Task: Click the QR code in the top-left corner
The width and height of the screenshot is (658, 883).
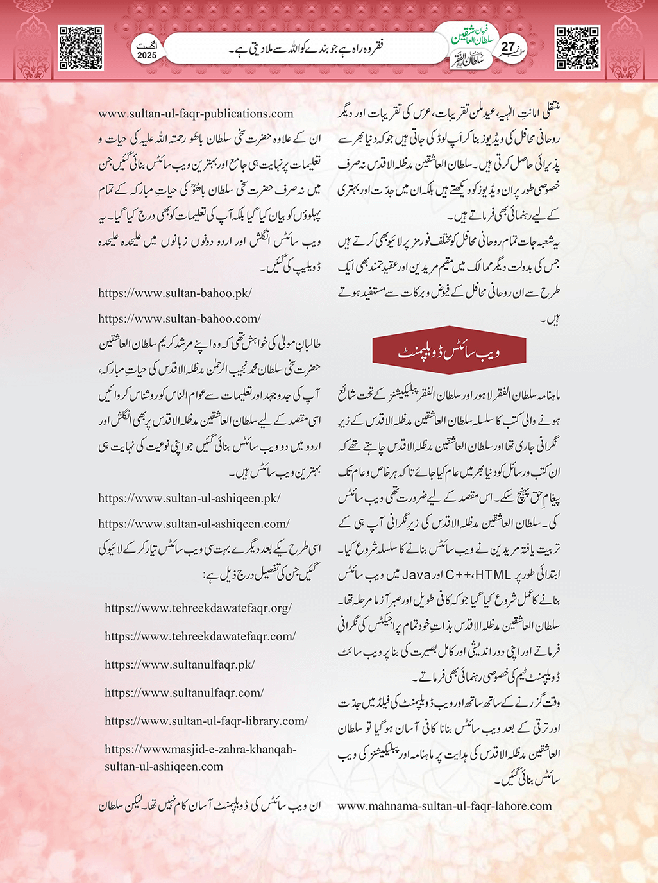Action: [x=81, y=48]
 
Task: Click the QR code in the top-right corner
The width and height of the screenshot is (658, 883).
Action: [x=577, y=48]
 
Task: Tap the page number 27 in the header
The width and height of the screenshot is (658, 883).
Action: [x=508, y=47]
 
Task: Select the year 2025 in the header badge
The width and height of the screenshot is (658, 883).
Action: [x=147, y=56]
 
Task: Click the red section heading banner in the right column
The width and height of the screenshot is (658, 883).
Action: [x=449, y=352]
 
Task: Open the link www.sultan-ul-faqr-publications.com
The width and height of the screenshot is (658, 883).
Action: [x=196, y=114]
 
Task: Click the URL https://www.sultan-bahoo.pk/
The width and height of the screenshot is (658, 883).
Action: [x=175, y=293]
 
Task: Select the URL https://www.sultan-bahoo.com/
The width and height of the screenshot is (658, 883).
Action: [x=180, y=319]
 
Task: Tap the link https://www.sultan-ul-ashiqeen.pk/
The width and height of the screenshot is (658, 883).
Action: [x=189, y=499]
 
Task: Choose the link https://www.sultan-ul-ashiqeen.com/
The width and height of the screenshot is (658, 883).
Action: [x=194, y=524]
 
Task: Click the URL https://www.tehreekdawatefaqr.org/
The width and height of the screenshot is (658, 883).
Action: [x=198, y=608]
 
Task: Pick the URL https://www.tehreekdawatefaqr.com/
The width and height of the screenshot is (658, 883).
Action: [x=200, y=637]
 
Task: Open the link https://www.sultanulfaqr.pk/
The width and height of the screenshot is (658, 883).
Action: [x=180, y=665]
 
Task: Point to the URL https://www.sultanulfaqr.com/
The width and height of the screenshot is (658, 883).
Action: [x=184, y=693]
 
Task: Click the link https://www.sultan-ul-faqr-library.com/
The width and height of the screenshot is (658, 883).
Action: [x=206, y=721]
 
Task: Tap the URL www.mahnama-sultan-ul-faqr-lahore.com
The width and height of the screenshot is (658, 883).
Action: [x=444, y=806]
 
